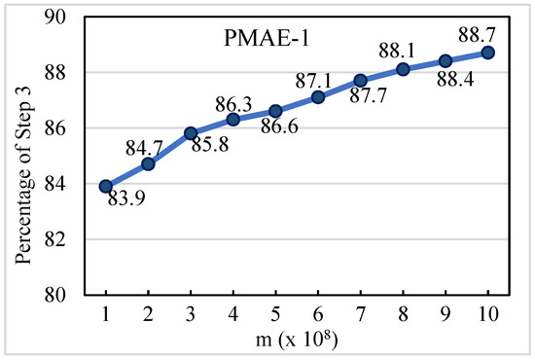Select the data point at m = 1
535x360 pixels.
105,186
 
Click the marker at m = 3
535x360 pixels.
191,132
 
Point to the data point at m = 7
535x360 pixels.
360,80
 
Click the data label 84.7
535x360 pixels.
146,146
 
